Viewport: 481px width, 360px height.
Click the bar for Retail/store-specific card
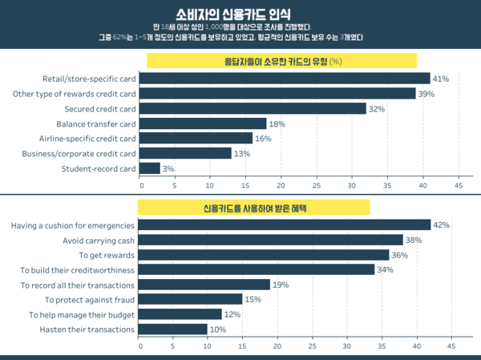point(285,79)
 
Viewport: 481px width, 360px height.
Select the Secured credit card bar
point(253,108)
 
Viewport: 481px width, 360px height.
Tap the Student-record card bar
point(150,168)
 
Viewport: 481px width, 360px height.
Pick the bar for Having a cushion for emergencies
point(285,224)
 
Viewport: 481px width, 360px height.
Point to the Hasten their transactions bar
point(173,329)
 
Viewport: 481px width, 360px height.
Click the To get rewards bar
point(264,254)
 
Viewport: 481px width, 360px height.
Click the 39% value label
point(426,94)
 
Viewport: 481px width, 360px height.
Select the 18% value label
point(277,123)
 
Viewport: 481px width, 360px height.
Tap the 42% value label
point(441,225)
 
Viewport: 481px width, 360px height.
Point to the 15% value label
point(253,299)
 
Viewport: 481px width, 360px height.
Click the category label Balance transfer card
point(96,123)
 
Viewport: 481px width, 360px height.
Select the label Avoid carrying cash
point(99,240)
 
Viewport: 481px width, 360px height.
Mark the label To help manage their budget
point(81,314)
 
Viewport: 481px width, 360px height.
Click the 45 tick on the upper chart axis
point(459,184)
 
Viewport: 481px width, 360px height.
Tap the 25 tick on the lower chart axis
point(312,346)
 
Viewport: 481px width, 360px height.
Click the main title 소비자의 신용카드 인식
point(240,14)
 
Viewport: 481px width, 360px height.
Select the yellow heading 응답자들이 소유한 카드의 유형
point(277,61)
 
